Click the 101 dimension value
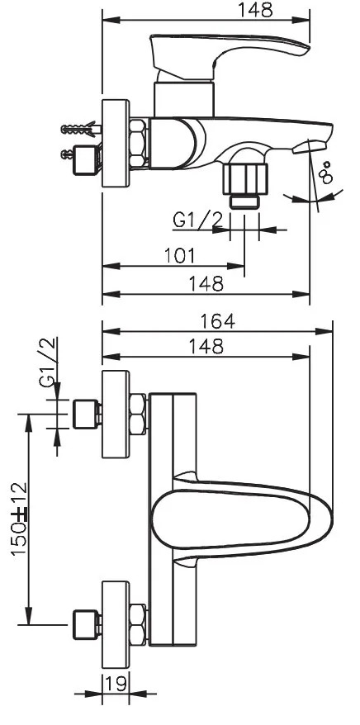(x=180, y=256)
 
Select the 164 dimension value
(x=217, y=321)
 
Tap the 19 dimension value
(x=115, y=683)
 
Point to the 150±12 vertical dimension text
(x=21, y=519)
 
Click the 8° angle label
(x=326, y=173)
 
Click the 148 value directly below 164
(x=206, y=346)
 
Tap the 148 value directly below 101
(x=206, y=284)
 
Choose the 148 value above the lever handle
(x=256, y=10)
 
